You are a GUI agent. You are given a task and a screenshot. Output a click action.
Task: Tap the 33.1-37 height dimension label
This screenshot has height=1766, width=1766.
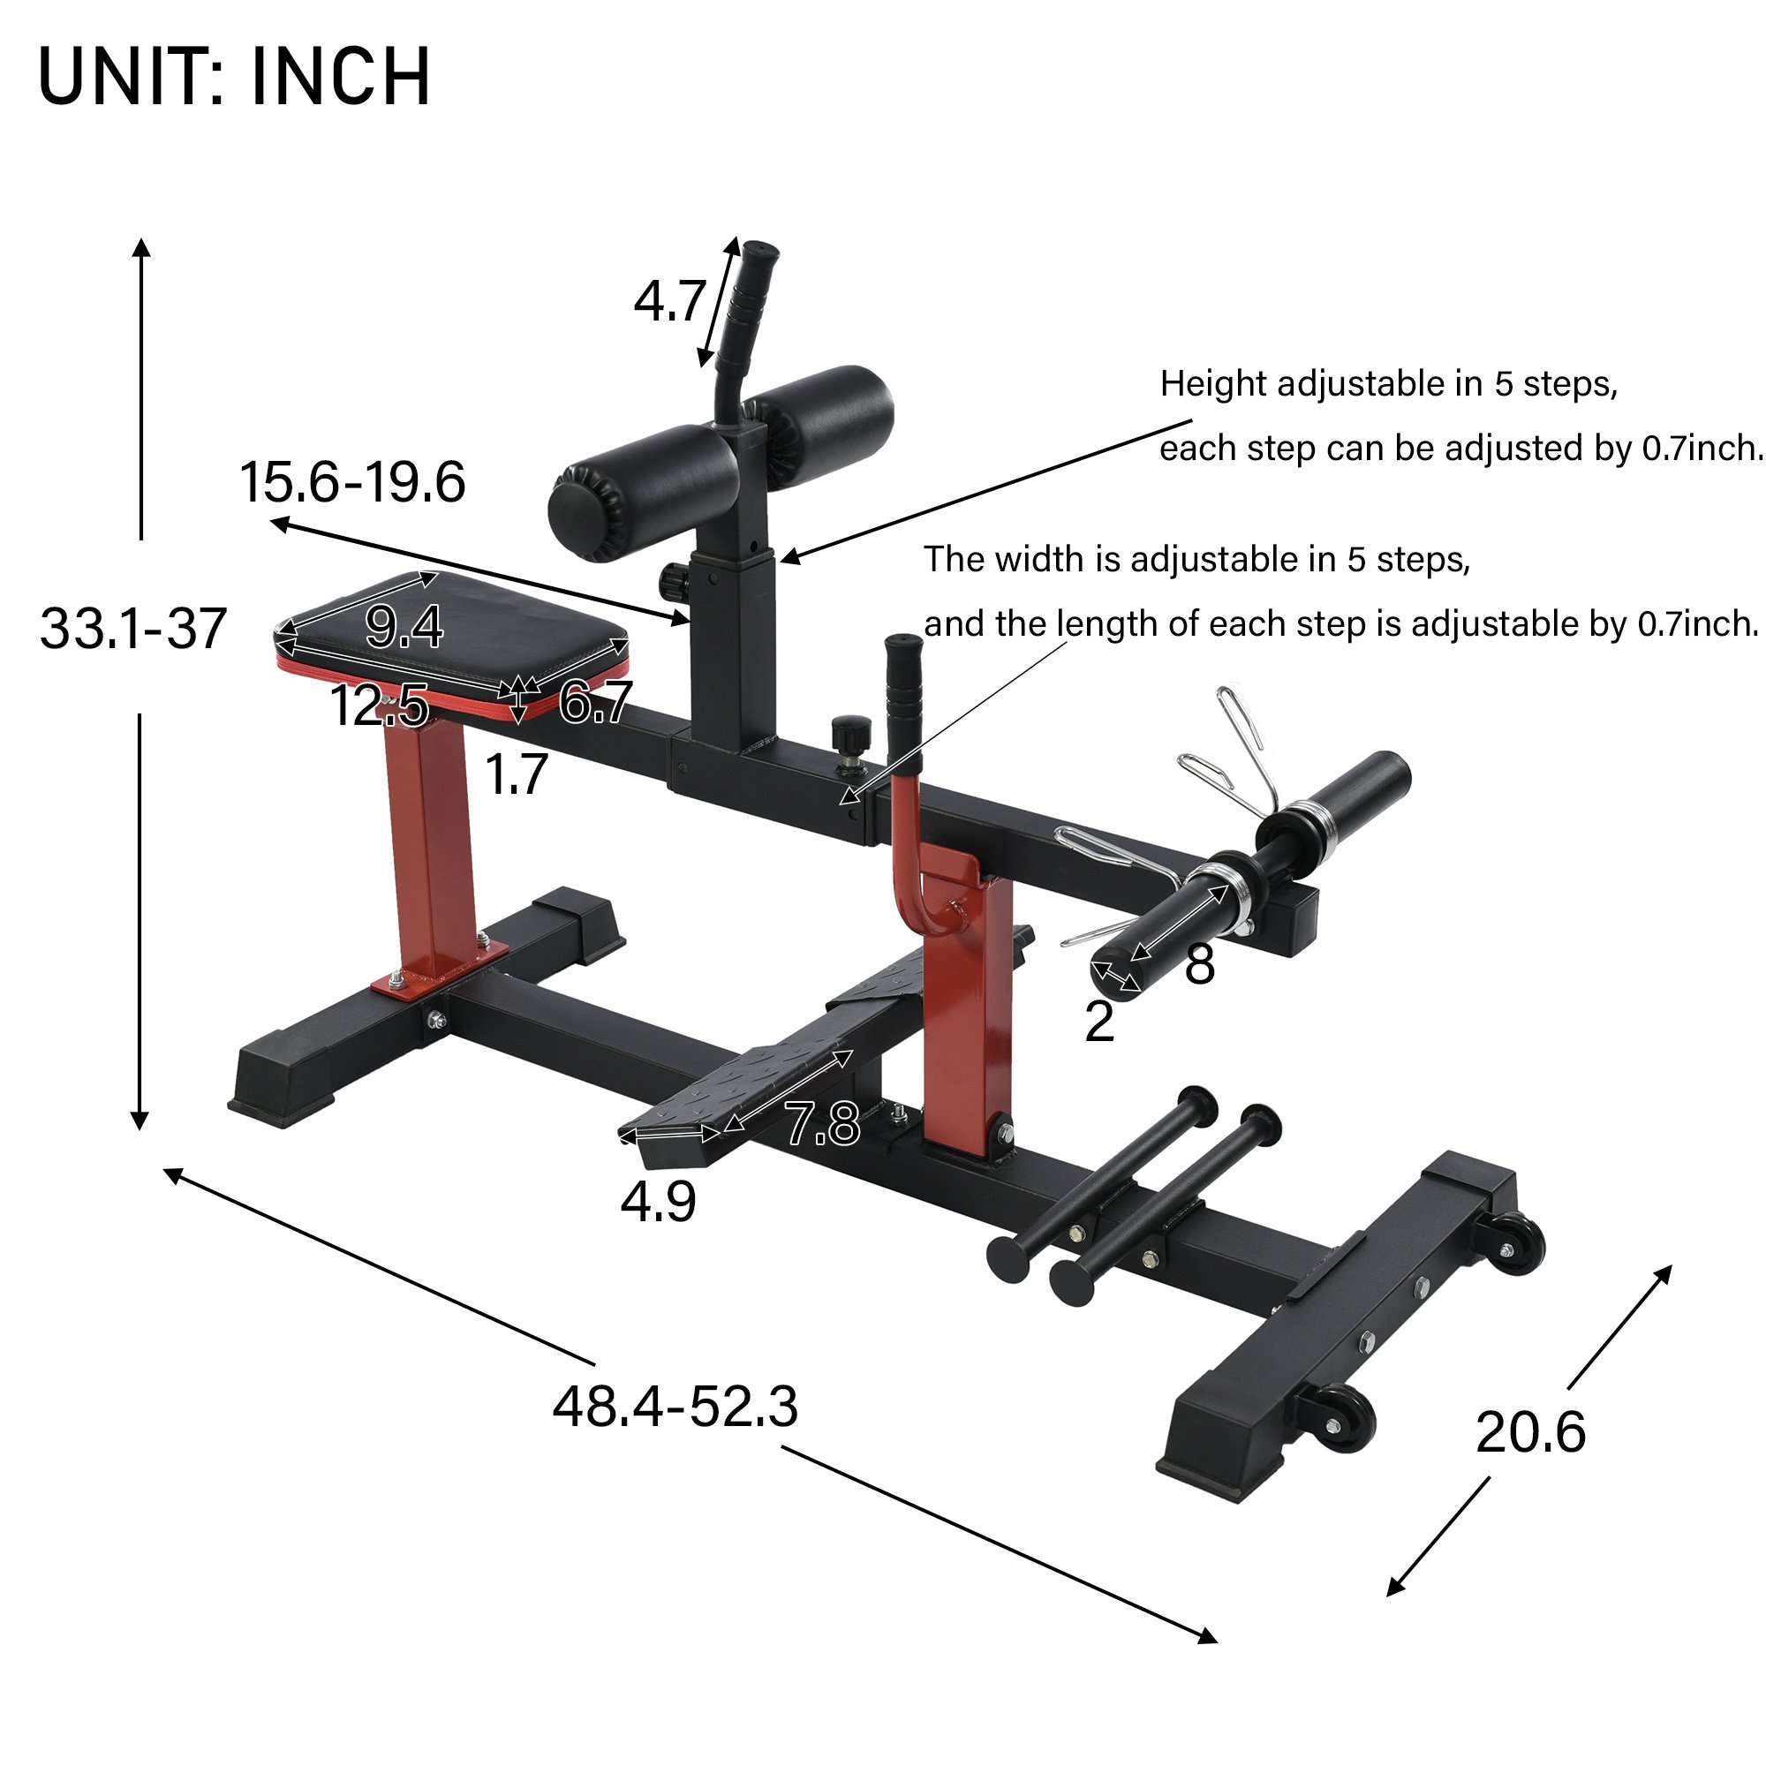(133, 628)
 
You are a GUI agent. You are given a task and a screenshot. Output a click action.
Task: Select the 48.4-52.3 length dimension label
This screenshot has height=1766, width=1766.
(675, 1406)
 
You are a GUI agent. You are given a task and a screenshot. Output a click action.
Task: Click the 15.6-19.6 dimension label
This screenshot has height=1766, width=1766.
(352, 482)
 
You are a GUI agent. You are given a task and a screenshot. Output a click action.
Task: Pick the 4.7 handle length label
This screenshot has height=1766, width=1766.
(670, 301)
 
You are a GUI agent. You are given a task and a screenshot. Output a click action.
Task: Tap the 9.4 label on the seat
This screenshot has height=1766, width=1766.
(404, 626)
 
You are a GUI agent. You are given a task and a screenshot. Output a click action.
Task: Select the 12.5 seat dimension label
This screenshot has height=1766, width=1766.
(379, 705)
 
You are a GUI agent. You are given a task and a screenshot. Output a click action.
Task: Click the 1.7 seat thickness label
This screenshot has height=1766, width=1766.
(516, 774)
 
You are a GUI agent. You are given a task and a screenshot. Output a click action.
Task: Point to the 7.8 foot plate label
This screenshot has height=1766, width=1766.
(823, 1122)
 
